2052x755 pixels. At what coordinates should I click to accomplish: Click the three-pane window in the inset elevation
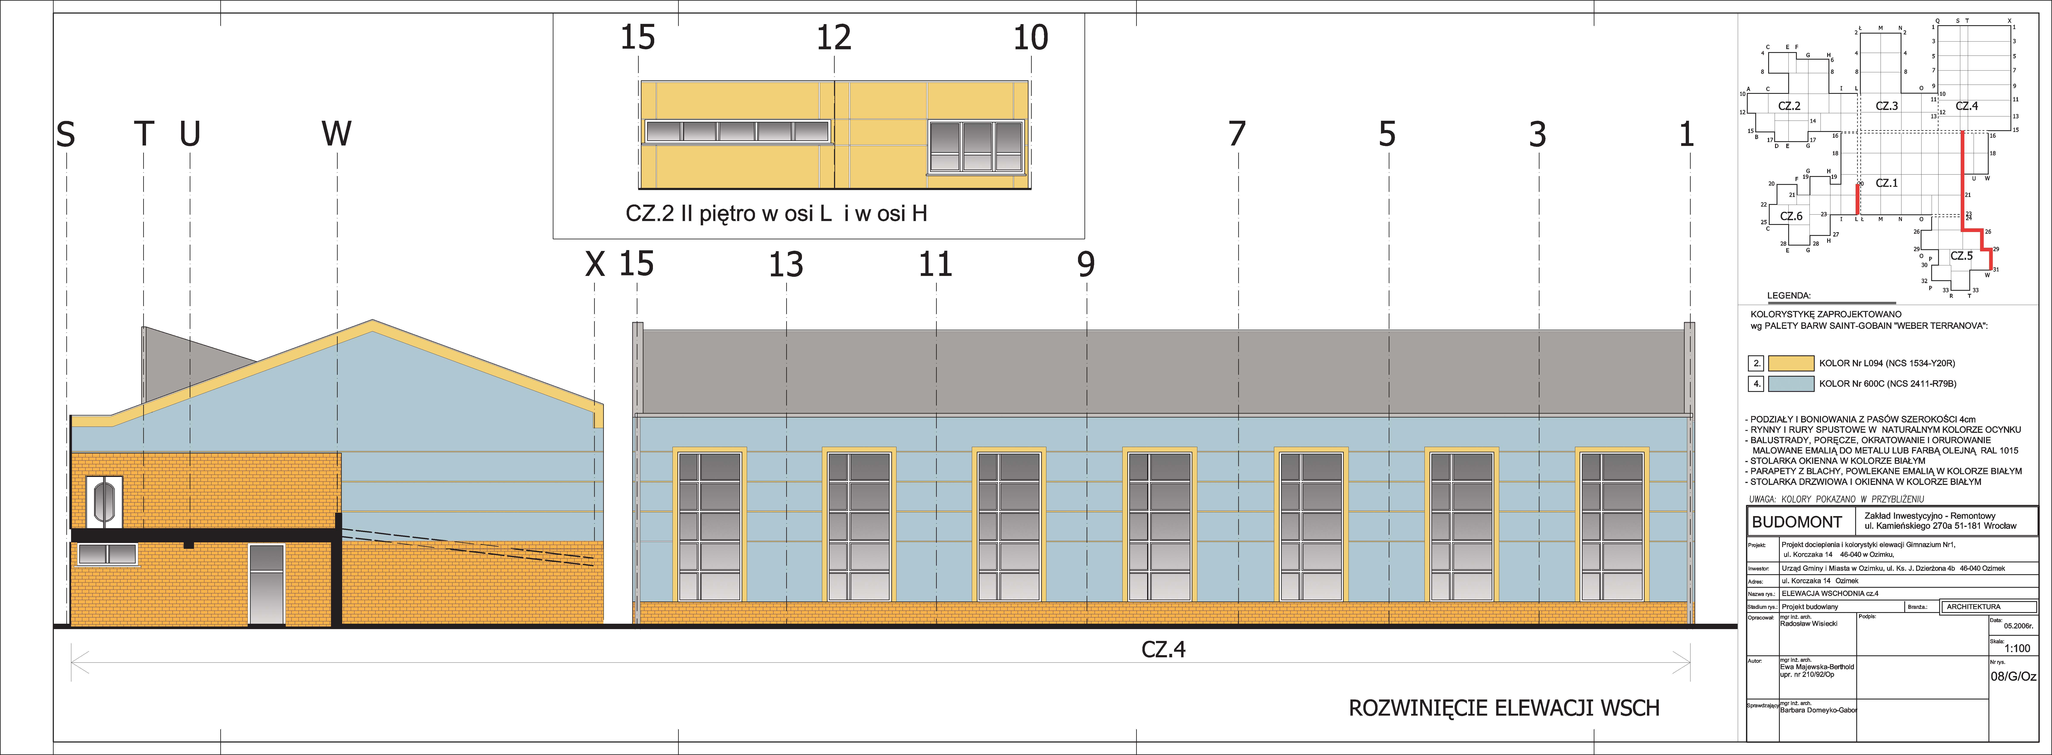click(x=976, y=147)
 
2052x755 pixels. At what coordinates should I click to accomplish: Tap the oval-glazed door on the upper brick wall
click(x=104, y=503)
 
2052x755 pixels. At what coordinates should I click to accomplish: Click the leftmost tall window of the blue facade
click(x=709, y=526)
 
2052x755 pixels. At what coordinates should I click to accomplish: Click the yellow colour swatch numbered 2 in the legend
click(x=1791, y=363)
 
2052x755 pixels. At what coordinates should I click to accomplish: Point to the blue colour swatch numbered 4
click(x=1791, y=384)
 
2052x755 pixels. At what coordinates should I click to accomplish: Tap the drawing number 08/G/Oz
click(x=2013, y=676)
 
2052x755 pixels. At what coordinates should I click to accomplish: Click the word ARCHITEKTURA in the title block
click(x=1973, y=607)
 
